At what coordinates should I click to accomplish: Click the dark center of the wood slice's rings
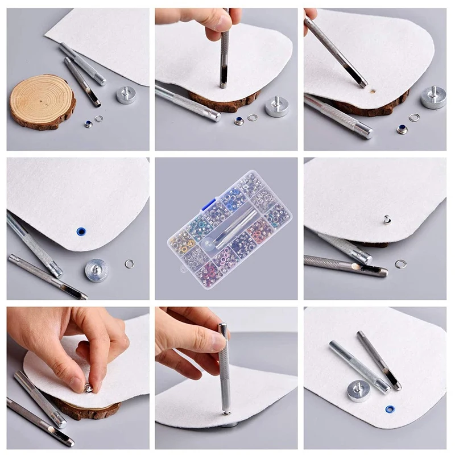pyautogui.click(x=42, y=101)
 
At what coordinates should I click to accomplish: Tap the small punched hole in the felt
pyautogui.click(x=373, y=90)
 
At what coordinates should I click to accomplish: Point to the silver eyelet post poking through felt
pyautogui.click(x=386, y=219)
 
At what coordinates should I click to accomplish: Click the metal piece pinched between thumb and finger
pyautogui.click(x=89, y=388)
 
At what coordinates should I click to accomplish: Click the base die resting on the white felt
pyautogui.click(x=359, y=391)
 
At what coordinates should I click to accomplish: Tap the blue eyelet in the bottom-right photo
pyautogui.click(x=390, y=409)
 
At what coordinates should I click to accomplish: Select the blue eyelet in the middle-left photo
pyautogui.click(x=81, y=231)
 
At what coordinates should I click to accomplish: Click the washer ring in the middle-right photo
pyautogui.click(x=401, y=264)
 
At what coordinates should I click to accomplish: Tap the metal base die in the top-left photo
pyautogui.click(x=126, y=94)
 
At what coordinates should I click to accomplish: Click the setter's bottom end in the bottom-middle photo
pyautogui.click(x=226, y=411)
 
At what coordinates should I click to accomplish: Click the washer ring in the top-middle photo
pyautogui.click(x=253, y=118)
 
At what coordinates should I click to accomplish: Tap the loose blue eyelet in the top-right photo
pyautogui.click(x=402, y=129)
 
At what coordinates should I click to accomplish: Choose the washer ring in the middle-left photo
pyautogui.click(x=130, y=263)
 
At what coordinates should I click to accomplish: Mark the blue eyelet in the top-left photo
pyautogui.click(x=88, y=124)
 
